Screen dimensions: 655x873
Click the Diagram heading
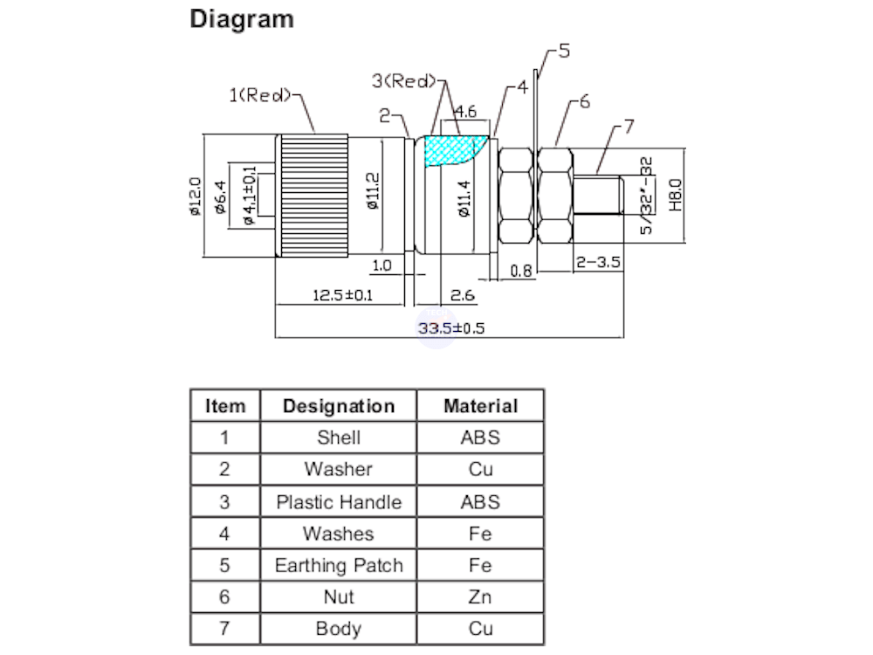coord(242,19)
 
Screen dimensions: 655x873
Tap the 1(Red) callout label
coord(259,95)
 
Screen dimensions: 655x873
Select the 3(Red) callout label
coord(402,81)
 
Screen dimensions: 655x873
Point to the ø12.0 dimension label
coord(196,196)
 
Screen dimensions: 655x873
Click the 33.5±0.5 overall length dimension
coord(450,328)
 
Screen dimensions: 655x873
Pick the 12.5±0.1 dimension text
coord(342,295)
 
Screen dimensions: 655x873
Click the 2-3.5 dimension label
coord(597,262)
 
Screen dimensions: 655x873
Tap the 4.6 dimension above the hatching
coord(465,112)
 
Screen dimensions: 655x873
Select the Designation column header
coord(339,406)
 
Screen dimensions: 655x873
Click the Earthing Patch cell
coord(339,565)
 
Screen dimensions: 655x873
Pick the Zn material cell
coord(480,596)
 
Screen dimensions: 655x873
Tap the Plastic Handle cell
coord(339,502)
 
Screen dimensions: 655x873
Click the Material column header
coord(480,406)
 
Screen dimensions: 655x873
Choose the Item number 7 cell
coord(224,629)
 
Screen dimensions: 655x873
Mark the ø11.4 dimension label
coord(464,197)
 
